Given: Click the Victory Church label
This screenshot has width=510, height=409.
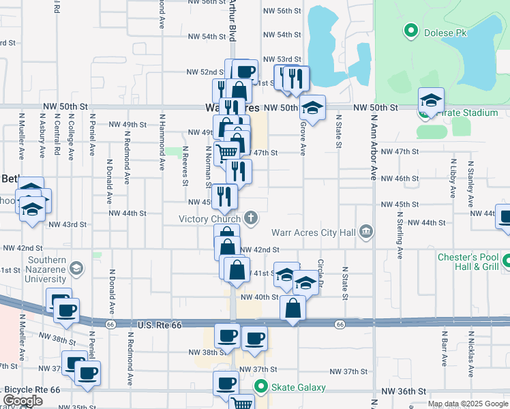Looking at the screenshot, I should coord(209,219).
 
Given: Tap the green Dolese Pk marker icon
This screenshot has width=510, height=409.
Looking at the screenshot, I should coord(411,30).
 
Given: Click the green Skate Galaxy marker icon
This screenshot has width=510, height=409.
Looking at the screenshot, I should coord(260,387).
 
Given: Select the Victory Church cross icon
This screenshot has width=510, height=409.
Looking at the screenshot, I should coord(252,219).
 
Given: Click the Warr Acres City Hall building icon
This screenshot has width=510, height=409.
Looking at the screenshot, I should coord(367,232).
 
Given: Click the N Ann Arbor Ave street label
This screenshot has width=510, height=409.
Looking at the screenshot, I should coord(374,147).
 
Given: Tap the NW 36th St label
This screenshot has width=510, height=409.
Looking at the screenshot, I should coord(404,391).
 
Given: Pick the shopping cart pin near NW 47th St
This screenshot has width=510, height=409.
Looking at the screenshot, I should coord(226,151).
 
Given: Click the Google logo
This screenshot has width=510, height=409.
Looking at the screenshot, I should coord(22,401).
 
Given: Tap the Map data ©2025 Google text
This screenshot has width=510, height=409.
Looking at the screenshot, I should coord(467,404).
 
